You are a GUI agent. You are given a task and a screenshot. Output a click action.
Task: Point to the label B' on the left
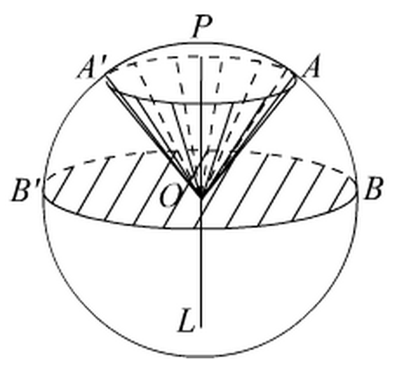pos(24,191)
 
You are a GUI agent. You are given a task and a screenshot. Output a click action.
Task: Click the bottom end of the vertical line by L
pos(201,328)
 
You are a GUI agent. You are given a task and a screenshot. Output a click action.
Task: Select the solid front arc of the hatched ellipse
pos(128,222)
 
